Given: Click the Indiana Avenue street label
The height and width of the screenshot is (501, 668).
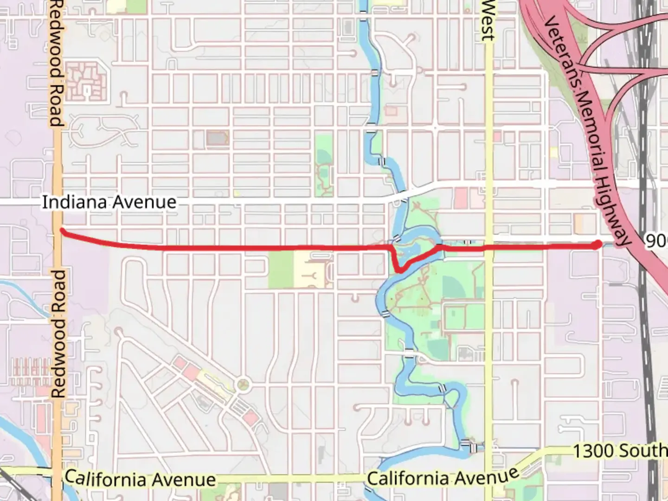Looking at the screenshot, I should point(109,202).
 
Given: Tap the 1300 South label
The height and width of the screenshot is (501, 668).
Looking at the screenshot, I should point(619,450).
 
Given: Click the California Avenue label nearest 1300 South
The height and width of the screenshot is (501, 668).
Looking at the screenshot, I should point(443,476).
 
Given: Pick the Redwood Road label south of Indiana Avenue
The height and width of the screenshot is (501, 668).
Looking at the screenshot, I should point(58,334).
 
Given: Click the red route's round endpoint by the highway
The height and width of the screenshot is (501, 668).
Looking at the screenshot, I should point(597,244).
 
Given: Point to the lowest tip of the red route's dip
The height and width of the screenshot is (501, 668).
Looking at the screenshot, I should point(399,270).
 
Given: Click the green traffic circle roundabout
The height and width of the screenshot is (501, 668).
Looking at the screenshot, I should point(243,385).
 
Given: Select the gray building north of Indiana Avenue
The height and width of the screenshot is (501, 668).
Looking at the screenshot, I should point(215,138).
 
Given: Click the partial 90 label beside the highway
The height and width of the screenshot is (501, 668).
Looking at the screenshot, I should point(656,241).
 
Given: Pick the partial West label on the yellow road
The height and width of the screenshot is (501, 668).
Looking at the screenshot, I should point(487,21).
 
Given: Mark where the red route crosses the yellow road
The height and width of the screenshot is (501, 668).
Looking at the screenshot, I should point(488,248).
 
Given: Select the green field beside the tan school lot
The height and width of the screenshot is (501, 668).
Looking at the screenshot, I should point(280,270).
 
